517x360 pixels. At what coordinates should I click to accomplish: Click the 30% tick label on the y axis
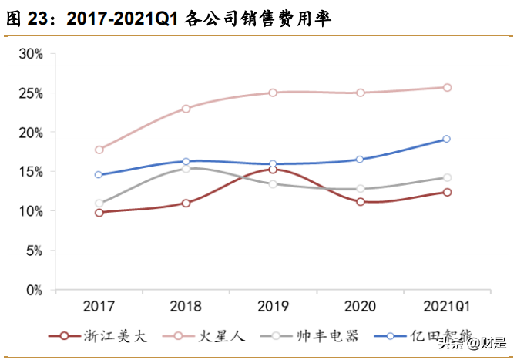[x=32, y=53]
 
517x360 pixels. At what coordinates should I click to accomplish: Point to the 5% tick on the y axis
[x=35, y=251]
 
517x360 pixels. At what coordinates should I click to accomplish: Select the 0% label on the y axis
[x=35, y=291]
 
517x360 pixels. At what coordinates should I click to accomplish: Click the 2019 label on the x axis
[x=273, y=307]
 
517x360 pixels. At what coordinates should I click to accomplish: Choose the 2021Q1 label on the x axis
[x=447, y=307]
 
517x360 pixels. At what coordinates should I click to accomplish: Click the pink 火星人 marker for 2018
[x=186, y=109]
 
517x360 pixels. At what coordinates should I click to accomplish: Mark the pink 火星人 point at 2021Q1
[x=447, y=88]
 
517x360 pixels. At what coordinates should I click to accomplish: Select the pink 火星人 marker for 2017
[x=99, y=150]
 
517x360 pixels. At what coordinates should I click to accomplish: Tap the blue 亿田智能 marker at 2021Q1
[x=447, y=140]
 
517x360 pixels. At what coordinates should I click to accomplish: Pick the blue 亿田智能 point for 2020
[x=360, y=160]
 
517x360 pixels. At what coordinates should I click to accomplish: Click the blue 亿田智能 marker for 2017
[x=99, y=175]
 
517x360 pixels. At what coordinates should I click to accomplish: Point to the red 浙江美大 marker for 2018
[x=186, y=203]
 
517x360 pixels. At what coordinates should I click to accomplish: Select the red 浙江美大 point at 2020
[x=360, y=202]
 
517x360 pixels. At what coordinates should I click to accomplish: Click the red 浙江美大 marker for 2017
[x=99, y=212]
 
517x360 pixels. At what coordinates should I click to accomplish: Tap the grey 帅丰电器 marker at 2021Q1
[x=447, y=178]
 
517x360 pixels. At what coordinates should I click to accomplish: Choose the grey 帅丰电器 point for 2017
[x=99, y=204]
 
